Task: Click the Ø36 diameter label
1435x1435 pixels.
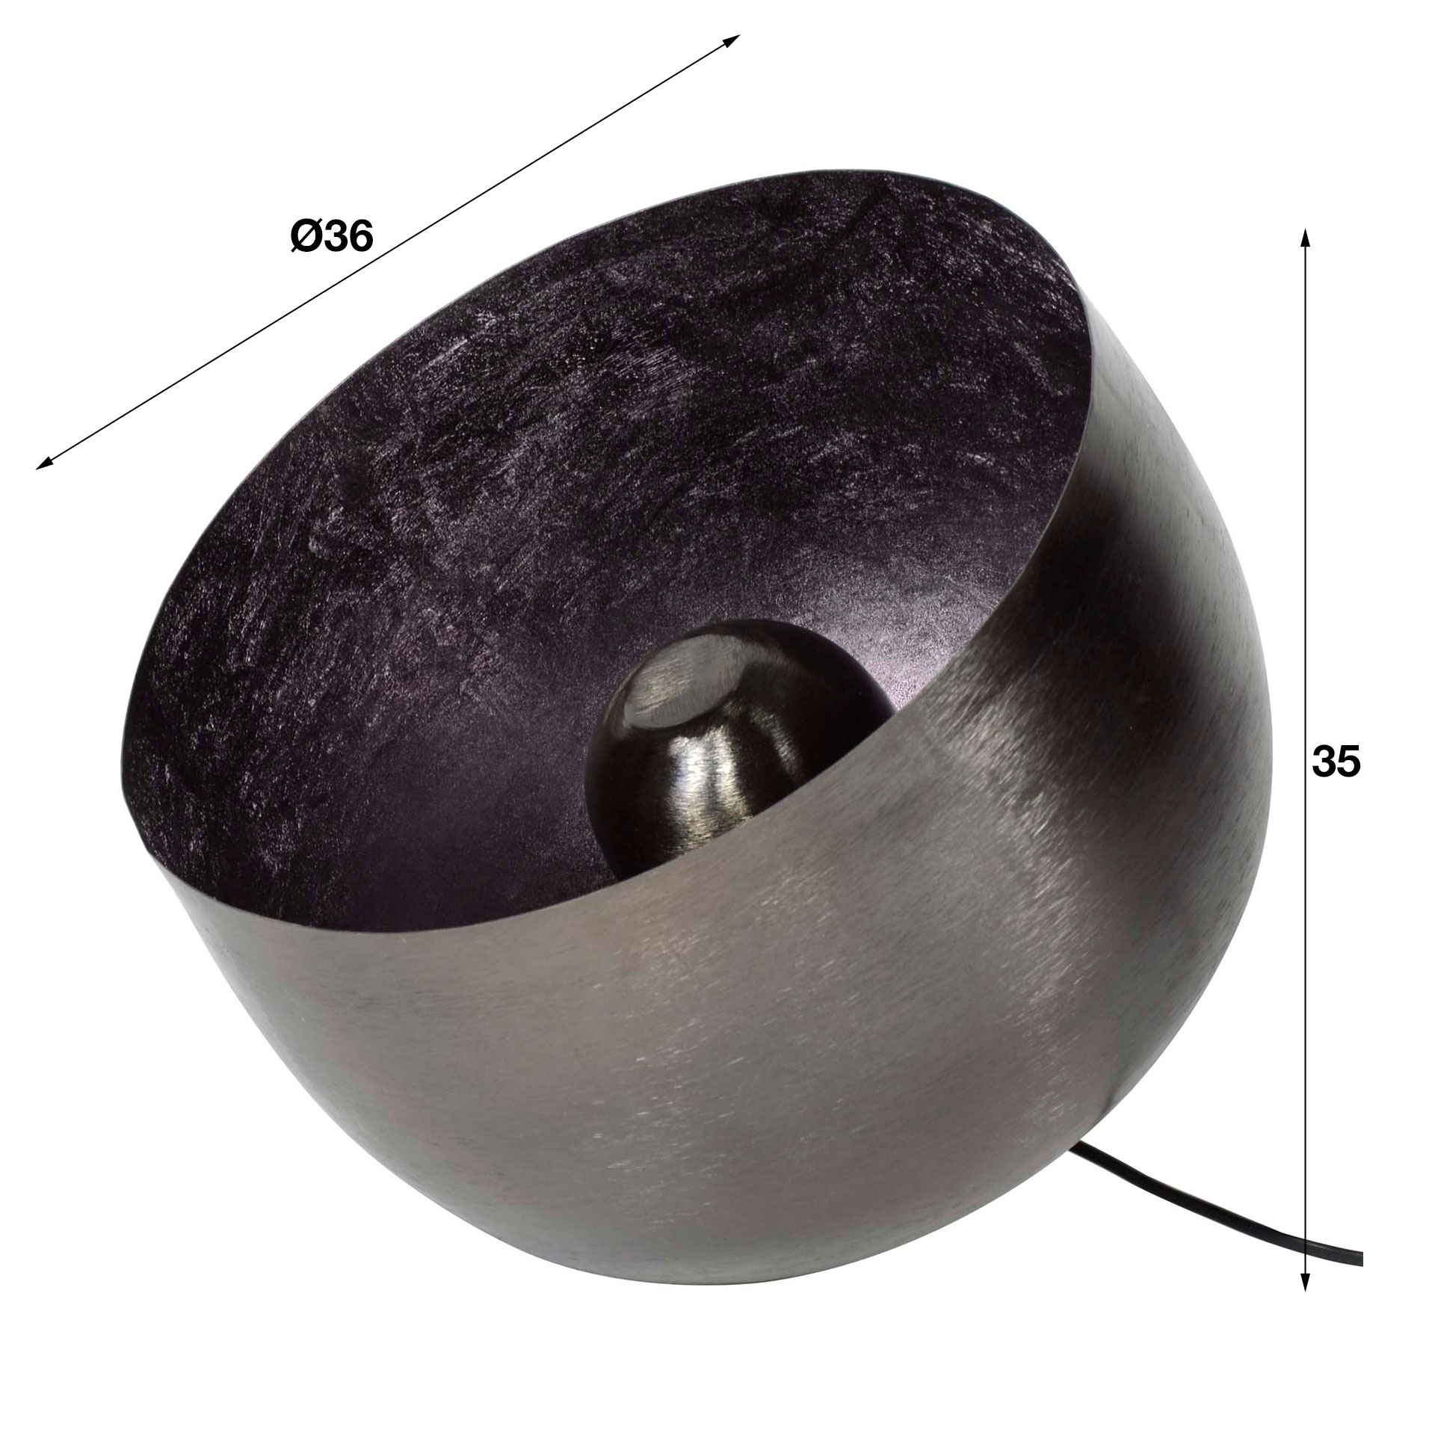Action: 331,237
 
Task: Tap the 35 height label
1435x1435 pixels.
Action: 1336,763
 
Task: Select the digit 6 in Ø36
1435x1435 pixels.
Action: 359,237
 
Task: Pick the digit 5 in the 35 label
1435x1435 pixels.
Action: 1349,763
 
